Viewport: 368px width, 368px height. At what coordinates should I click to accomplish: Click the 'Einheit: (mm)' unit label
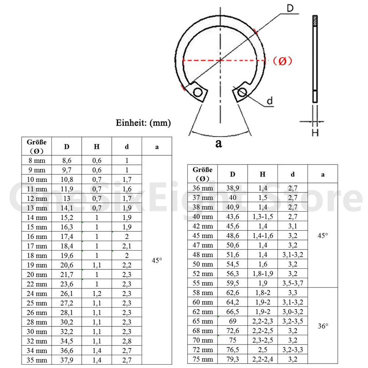[x=143, y=123]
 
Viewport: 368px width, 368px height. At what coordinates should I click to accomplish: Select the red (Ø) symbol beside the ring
[x=282, y=61]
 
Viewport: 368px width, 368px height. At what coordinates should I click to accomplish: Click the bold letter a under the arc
[x=219, y=144]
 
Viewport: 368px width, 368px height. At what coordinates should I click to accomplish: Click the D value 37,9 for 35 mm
[x=67, y=360]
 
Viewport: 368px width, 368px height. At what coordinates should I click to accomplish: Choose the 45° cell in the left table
[x=157, y=260]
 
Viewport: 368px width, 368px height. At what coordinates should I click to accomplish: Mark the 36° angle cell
[x=323, y=326]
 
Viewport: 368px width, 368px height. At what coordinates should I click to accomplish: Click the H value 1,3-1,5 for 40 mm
[x=262, y=216]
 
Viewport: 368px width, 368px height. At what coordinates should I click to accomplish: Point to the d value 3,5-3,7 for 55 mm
[x=293, y=283]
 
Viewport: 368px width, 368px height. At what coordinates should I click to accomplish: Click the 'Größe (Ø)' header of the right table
[x=202, y=174]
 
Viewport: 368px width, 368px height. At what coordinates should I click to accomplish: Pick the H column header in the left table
[x=96, y=146]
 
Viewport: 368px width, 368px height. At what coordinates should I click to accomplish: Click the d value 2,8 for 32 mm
[x=127, y=341]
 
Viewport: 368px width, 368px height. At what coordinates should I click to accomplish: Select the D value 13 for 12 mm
[x=67, y=199]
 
